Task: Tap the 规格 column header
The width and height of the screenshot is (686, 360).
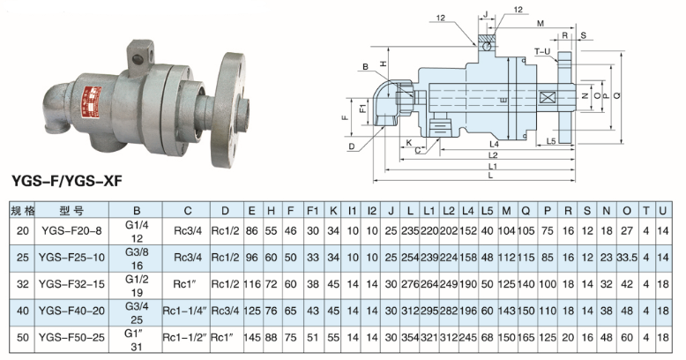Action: point(22,212)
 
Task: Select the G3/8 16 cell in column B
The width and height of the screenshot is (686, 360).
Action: point(137,257)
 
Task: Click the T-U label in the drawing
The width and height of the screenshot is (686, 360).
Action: point(541,52)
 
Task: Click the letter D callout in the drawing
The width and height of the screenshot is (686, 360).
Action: point(352,146)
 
